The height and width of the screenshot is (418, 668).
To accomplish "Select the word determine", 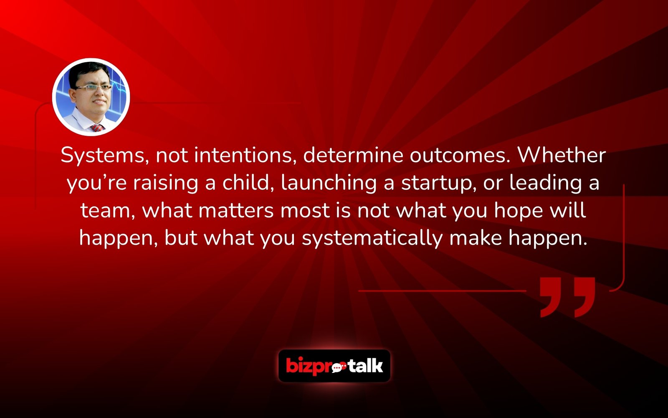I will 353,155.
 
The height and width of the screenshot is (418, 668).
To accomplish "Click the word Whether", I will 562,155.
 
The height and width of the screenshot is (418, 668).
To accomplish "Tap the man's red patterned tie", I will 97,127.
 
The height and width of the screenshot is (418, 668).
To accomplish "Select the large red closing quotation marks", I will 567,297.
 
